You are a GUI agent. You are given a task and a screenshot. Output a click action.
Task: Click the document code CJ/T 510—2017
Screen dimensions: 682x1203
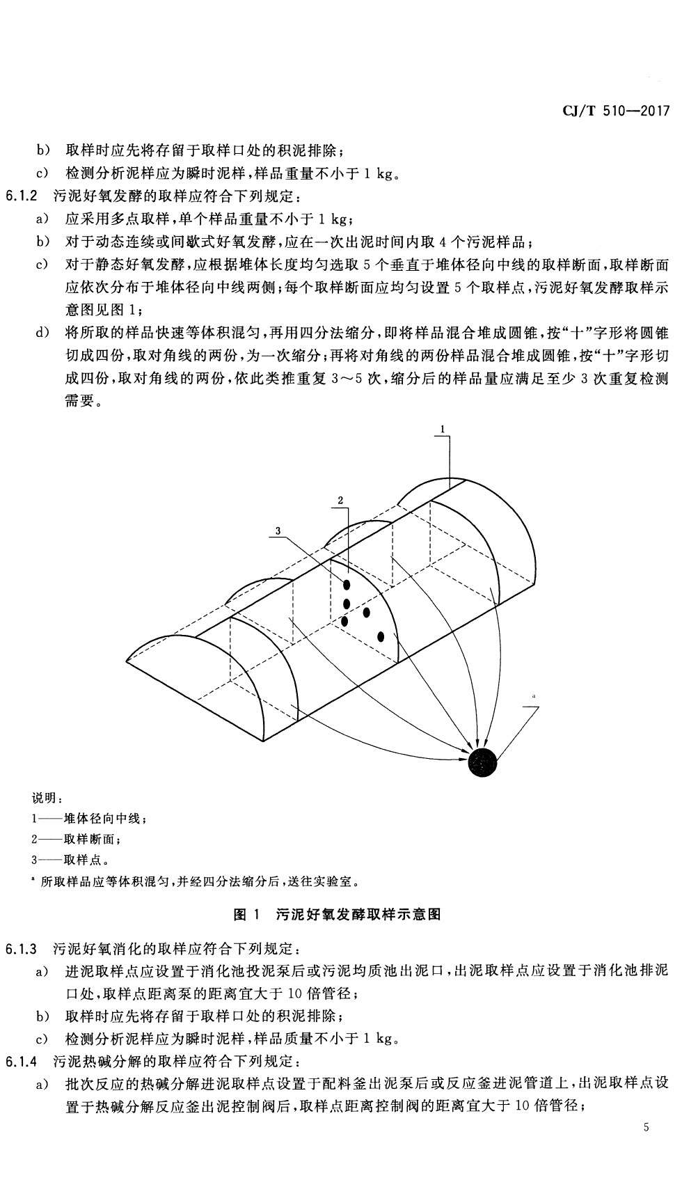pos(614,111)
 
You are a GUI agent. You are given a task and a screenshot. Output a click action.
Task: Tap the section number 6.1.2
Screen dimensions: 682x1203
pos(26,196)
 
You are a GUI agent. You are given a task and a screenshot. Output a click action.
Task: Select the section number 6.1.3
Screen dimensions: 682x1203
pos(26,949)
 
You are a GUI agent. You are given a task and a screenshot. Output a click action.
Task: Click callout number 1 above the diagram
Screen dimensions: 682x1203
pos(443,430)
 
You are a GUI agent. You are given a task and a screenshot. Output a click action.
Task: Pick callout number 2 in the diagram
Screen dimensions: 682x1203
pos(340,500)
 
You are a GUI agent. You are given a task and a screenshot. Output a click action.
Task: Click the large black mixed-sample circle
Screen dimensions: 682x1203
pos(483,763)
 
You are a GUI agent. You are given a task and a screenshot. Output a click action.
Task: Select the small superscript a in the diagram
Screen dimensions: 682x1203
pos(533,695)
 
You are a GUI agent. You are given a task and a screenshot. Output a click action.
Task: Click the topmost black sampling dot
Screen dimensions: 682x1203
pos(347,585)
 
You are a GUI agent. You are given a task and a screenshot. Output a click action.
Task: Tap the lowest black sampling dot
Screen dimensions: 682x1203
pos(381,636)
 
